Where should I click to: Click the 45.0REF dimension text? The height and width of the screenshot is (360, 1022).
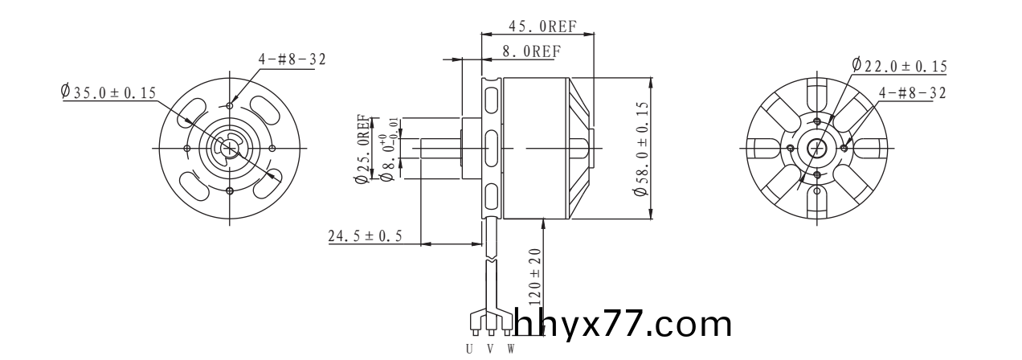click(542, 26)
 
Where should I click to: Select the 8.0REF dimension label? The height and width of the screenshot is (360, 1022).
click(532, 51)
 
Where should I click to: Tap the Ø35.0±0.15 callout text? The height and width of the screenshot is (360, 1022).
click(108, 92)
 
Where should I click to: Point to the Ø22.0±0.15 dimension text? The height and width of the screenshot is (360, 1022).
click(899, 66)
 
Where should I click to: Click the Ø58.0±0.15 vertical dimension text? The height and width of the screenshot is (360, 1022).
click(640, 149)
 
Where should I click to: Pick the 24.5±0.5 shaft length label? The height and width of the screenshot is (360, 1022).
click(365, 236)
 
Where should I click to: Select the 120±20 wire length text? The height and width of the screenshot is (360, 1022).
click(535, 277)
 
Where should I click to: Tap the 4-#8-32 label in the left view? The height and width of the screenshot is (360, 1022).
click(292, 59)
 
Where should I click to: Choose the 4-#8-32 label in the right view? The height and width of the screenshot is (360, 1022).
click(913, 93)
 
